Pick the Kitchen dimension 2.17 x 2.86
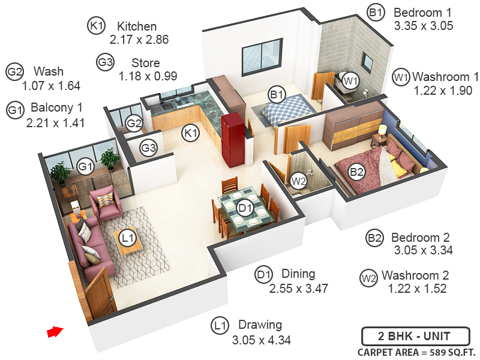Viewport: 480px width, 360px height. pos(139,40)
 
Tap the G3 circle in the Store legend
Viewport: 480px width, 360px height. pos(105,62)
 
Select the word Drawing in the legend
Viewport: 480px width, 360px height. pos(260,325)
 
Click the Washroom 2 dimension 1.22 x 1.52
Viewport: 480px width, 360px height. pos(417,289)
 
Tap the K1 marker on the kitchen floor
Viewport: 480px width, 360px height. pos(191,133)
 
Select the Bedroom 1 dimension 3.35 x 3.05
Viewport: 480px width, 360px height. pos(423,26)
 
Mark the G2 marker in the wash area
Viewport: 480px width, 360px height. pos(134,124)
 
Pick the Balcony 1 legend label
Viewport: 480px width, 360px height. pos(57,108)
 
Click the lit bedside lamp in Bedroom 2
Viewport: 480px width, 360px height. pos(382,129)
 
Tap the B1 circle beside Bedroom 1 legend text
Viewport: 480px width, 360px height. pos(376,13)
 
